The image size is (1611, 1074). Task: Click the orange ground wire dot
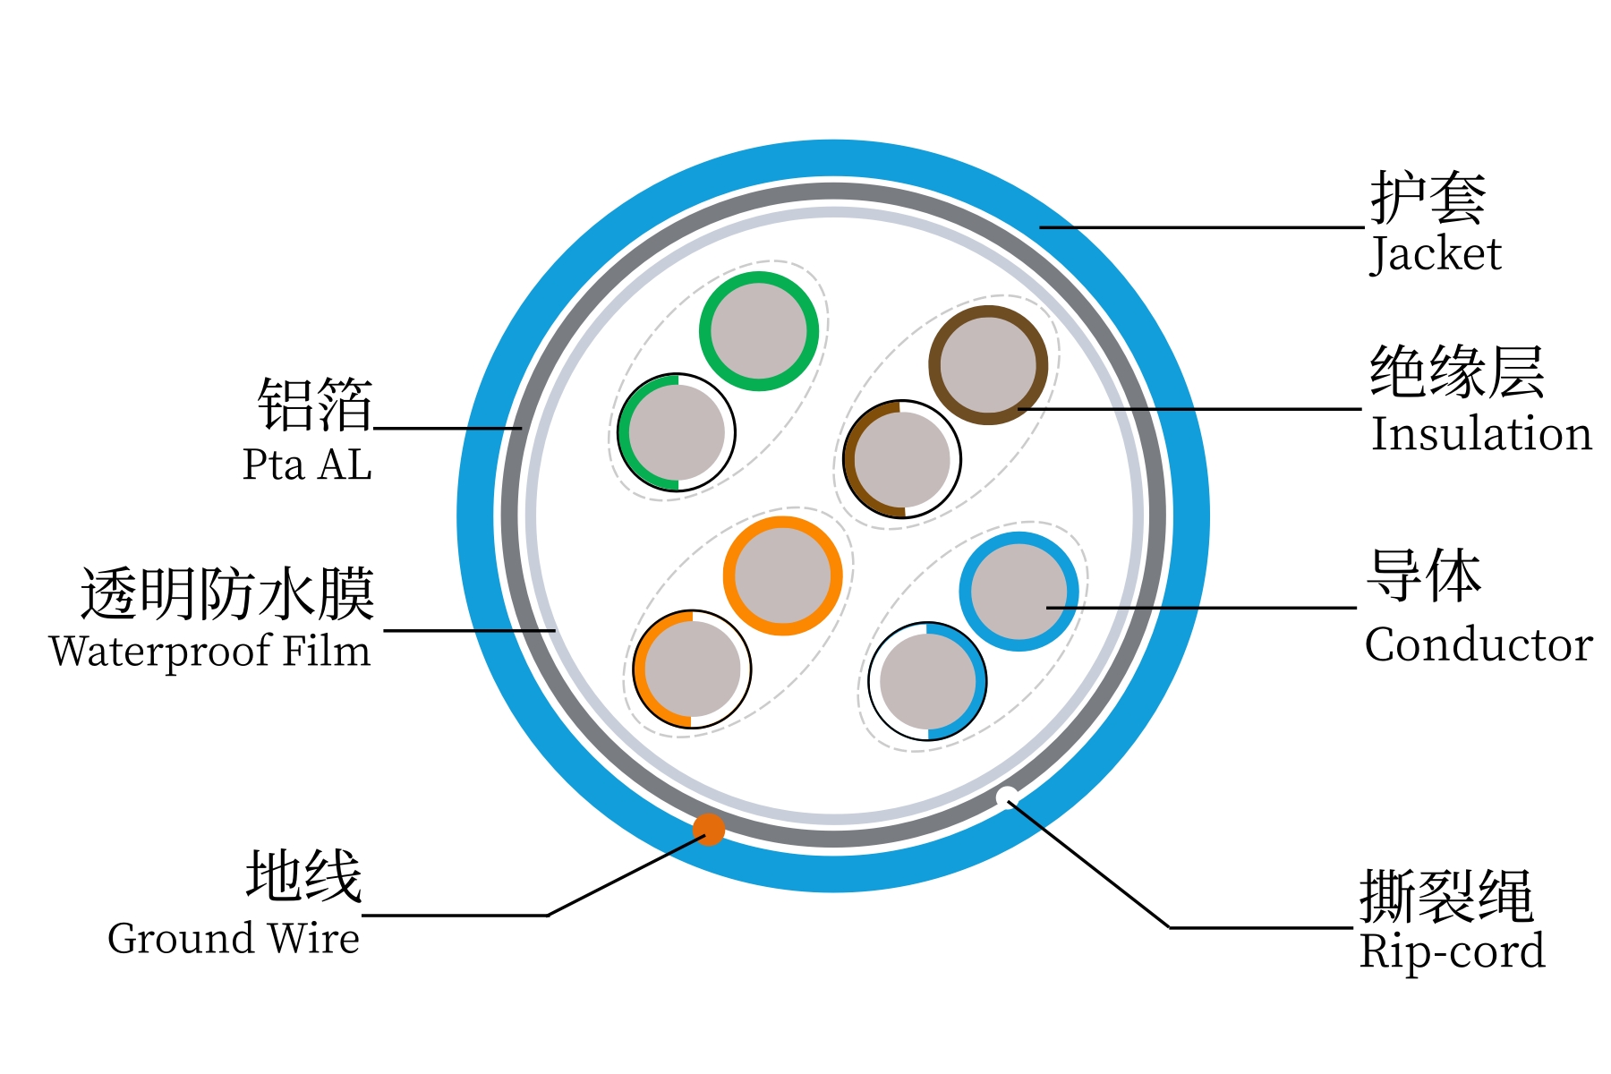coord(708,829)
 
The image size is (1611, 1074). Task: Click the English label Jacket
coord(1436,254)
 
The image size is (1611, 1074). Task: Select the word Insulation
coord(1481,434)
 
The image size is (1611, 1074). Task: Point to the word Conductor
coord(1479,644)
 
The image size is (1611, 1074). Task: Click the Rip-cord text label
coord(1452,951)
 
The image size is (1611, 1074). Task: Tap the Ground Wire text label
coord(234,939)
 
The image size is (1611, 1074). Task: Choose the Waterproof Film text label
coord(210,651)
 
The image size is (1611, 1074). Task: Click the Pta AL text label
coord(307,465)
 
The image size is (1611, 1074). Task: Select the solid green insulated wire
coord(759,331)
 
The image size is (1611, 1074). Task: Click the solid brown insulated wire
coord(988,365)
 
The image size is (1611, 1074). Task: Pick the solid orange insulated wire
coord(782,575)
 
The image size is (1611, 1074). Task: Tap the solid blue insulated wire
coord(1019,592)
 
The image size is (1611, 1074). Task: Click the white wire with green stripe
coord(677,432)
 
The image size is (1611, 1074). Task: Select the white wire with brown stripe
coord(902,459)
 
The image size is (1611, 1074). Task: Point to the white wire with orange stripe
coord(692,669)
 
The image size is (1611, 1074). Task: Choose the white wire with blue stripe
coord(927,681)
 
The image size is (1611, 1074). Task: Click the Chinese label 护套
coord(1428,198)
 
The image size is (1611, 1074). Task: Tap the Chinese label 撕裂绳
coord(1446,896)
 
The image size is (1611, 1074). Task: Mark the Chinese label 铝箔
coord(315,405)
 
